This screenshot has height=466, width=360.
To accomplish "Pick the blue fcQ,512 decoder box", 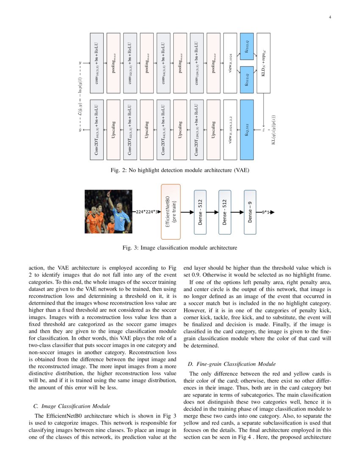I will tap(246, 130).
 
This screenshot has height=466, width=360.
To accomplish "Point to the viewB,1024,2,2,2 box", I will tap(230, 130).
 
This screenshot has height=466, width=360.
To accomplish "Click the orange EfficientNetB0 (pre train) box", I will tap(171, 212).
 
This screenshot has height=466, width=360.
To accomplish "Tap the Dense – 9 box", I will tap(250, 212).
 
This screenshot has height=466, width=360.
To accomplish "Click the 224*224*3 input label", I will tap(147, 212).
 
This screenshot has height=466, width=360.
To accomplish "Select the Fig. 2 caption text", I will tap(180, 171).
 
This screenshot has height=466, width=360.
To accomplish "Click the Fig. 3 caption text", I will tap(180, 247).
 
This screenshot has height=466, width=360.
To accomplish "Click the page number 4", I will tap(330, 17).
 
